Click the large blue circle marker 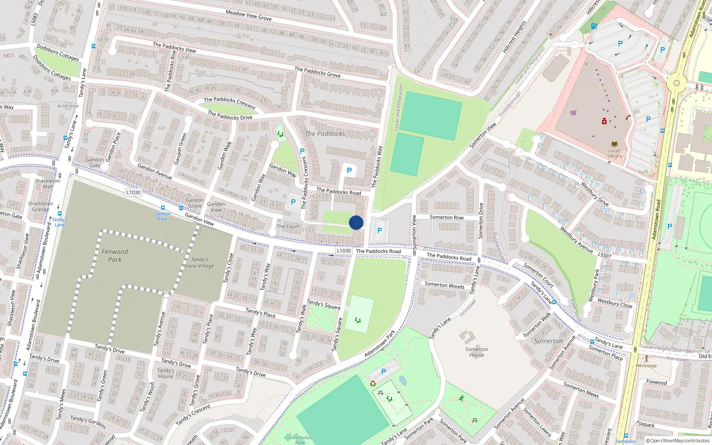click(x=356, y=222)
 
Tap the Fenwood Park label click(x=115, y=255)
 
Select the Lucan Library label click(x=615, y=153)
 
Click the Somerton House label click(x=477, y=352)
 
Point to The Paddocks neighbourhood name click(x=325, y=133)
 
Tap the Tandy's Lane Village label click(x=200, y=263)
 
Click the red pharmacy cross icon click(x=604, y=121)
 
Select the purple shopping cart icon click(x=573, y=113)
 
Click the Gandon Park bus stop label click(x=163, y=216)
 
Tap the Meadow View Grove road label click(x=248, y=16)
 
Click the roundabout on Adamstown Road click(x=676, y=83)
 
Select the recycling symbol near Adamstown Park click(x=373, y=384)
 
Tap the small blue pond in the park click(x=403, y=380)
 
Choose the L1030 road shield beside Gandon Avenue click(x=133, y=192)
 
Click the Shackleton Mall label click(x=47, y=184)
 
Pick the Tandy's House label click(x=166, y=373)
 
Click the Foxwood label click(x=656, y=382)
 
